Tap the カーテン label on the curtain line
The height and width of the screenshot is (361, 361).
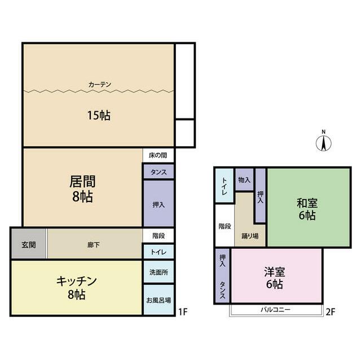pos(100,85)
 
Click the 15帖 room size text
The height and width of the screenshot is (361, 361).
pos(98,116)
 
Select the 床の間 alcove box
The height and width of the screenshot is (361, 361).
pos(159,155)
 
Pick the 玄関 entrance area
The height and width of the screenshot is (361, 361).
pos(29,244)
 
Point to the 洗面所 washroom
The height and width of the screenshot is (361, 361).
pos(159,271)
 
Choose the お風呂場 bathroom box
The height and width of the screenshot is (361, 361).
pos(159,300)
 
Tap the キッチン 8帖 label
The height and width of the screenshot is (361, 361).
pos(77,287)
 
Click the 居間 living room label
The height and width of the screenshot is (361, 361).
pos(82,188)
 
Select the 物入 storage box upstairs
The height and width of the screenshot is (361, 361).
pos(244,180)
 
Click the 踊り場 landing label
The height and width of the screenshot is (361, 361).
pos(249,236)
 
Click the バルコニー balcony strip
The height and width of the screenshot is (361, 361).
pos(275,310)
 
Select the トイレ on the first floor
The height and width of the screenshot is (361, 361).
pos(159,252)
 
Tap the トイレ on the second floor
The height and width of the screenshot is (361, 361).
pos(224,186)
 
